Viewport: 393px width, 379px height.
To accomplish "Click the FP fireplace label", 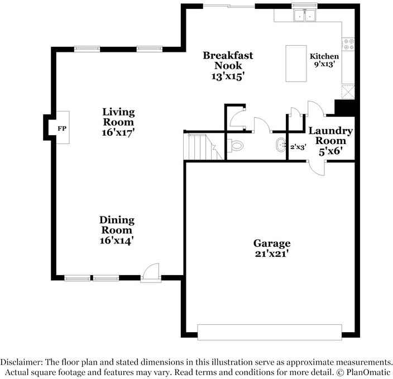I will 62,129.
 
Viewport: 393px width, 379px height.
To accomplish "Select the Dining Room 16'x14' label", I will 117,230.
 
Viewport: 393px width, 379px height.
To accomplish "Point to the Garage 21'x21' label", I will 272,248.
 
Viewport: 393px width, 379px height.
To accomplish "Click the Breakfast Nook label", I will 228,66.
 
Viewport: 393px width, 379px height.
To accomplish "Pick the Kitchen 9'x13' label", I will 324,60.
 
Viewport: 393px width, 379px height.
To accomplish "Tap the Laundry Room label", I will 330,141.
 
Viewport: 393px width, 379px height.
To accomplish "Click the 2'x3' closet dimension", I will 298,147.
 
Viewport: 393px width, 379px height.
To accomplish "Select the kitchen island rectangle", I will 296,63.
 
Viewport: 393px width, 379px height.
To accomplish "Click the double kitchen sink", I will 305,16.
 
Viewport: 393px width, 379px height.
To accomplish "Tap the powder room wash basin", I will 280,146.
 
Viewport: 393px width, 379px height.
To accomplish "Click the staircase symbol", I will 201,147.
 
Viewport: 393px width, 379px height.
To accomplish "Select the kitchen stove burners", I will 349,42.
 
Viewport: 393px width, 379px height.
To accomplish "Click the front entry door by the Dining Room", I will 151,274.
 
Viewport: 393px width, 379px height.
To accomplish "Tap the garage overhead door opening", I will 270,332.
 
